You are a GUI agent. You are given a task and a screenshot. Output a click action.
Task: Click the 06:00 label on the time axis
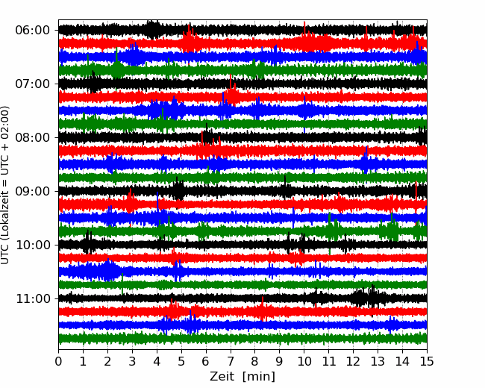point(32,31)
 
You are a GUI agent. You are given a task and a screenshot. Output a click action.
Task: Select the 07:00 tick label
point(32,84)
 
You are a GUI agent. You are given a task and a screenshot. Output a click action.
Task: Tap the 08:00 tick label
point(32,138)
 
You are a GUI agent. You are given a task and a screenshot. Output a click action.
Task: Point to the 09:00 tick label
point(32,191)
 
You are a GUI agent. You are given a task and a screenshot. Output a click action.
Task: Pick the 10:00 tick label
point(32,245)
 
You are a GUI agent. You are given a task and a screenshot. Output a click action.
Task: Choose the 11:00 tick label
point(32,299)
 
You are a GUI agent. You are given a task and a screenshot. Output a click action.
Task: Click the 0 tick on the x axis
point(58,361)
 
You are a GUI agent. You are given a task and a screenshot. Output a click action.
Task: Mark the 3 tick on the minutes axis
point(132,361)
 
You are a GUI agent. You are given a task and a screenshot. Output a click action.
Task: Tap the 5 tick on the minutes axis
point(181,361)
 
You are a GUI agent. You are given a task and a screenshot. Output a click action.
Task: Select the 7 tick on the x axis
point(231,361)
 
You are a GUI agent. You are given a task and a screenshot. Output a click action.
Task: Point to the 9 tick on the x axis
point(280,361)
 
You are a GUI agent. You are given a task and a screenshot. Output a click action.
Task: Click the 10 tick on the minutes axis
point(304,361)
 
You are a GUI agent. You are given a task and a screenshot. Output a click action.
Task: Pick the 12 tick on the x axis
point(353,361)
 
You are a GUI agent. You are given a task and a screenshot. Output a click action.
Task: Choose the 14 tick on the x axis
point(402,361)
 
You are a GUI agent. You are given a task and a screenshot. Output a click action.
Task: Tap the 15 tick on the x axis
point(427,361)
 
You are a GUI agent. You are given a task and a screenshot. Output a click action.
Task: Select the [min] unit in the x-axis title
point(259,377)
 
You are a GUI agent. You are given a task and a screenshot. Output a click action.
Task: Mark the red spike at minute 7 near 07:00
point(231,85)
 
